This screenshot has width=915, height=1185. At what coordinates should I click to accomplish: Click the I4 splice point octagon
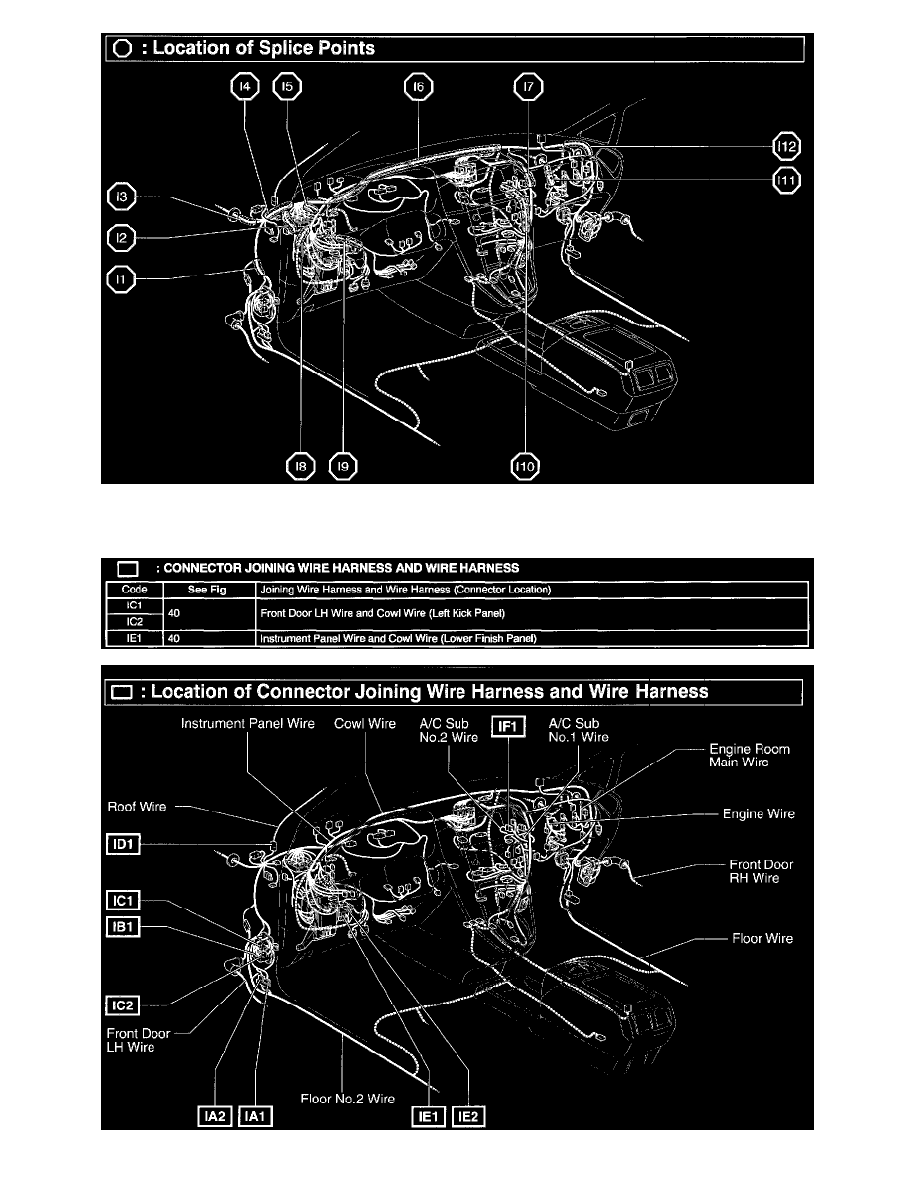243,88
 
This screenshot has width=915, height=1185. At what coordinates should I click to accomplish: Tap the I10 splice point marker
524,466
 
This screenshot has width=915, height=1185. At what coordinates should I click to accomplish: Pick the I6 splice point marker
418,88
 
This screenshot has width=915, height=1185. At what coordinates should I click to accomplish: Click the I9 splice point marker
345,466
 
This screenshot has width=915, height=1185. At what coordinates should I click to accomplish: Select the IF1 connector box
508,727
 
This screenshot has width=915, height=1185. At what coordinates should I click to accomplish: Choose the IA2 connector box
214,1118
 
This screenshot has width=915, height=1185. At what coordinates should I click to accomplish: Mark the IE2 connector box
468,1118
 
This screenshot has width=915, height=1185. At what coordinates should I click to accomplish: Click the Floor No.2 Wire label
348,1100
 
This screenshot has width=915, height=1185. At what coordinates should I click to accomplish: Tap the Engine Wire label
759,814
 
